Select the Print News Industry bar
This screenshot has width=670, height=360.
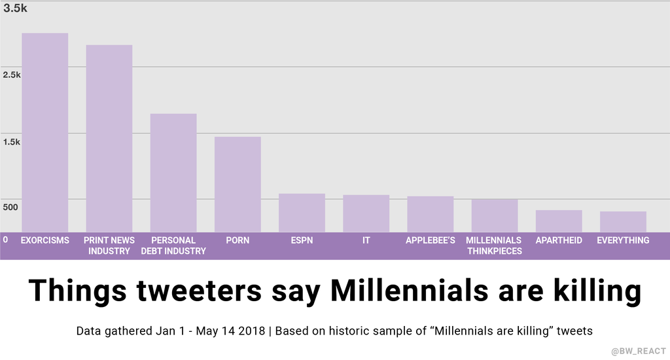point(109,138)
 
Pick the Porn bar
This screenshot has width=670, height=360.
point(238,184)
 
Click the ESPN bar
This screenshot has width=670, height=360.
point(302,213)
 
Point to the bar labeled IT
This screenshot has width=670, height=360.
point(366,213)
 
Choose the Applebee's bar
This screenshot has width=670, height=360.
point(430,214)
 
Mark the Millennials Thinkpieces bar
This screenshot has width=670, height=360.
point(494,215)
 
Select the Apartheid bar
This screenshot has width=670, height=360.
point(558,221)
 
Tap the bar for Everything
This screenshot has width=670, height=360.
point(623,221)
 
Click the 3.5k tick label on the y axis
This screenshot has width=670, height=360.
point(15,9)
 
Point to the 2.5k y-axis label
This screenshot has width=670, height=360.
point(12,75)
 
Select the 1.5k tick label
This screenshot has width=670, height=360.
point(12,142)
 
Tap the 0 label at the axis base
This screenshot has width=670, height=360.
point(5,240)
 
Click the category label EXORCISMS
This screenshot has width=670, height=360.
point(44,240)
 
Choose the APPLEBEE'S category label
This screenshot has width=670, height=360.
point(430,240)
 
